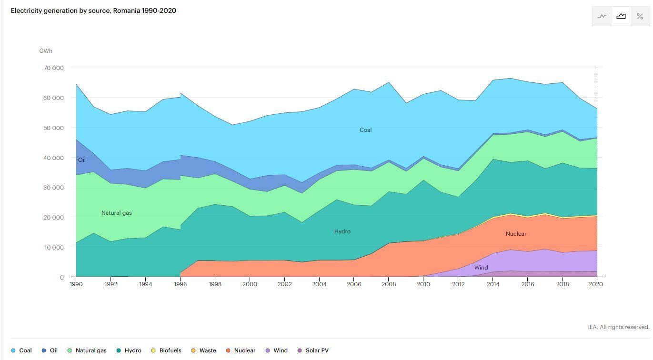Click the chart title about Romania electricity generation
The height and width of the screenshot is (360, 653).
93,10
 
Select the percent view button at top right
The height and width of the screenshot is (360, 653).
640,16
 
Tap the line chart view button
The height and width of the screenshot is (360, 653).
602,16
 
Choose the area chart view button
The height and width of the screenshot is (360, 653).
621,16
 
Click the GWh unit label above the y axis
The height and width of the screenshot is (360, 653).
46,51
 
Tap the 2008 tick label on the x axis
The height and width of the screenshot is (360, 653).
388,284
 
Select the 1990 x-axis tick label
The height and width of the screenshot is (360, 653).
76,284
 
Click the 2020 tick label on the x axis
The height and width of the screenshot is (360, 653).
596,284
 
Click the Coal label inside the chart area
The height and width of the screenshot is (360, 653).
365,130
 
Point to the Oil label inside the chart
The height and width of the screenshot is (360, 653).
82,160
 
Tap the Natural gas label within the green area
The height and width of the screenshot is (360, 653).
116,213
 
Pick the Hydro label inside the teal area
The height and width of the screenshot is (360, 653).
342,231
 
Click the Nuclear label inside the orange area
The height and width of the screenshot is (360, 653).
516,234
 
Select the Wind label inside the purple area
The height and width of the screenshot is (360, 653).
481,268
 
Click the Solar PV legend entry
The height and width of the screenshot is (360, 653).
317,350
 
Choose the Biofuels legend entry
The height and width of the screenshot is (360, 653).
170,350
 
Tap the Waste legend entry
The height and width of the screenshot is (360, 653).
208,350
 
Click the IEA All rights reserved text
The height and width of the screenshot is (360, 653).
618,327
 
